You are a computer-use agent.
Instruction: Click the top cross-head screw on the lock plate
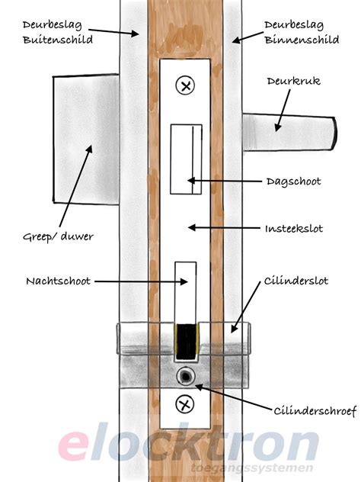pos(185,85)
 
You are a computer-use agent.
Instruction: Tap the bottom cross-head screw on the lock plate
pos(185,404)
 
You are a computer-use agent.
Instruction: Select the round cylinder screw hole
pos(186,376)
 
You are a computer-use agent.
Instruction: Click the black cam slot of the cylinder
pos(187,342)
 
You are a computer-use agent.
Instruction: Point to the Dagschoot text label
pos(293,182)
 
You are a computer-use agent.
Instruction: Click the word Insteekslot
pos(294,228)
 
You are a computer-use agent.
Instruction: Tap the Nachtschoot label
pos(59,281)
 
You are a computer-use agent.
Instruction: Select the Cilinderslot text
pos(296,281)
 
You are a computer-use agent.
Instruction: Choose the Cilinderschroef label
pos(315,410)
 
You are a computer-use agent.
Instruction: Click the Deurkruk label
pos(294,81)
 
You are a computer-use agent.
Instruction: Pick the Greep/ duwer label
pos(58,236)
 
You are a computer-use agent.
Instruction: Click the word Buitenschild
pos(58,40)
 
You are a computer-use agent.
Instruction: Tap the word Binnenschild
pos(302,40)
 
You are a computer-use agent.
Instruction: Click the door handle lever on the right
pos(289,132)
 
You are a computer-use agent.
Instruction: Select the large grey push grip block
pos(86,139)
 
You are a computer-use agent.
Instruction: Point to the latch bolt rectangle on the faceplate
pos(186,159)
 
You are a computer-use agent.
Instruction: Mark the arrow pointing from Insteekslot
pos(224,228)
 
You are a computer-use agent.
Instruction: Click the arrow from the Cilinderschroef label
pos(233,397)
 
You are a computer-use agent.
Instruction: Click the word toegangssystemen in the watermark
pos(252,468)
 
